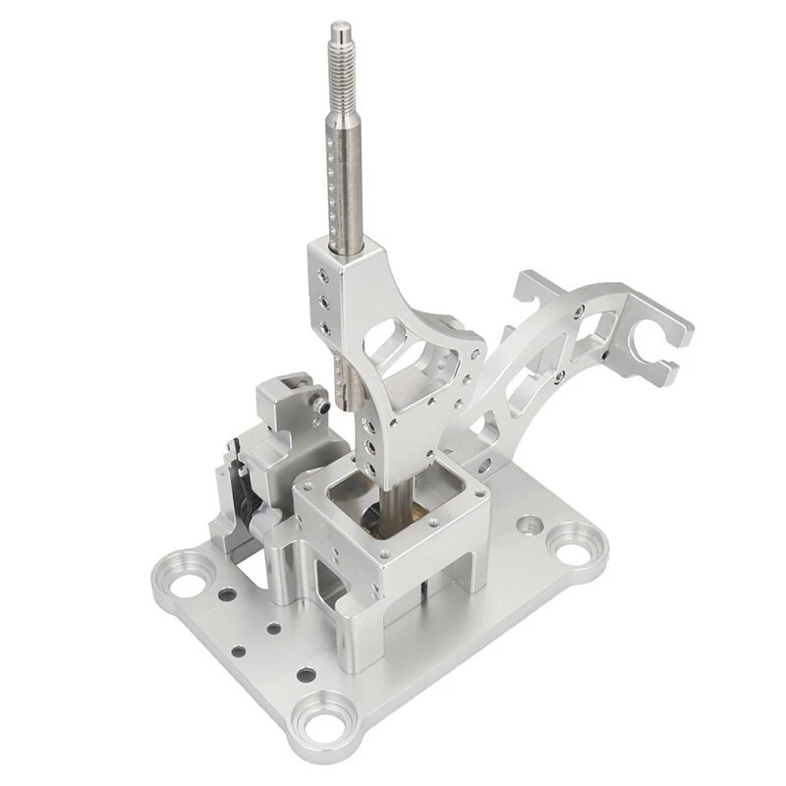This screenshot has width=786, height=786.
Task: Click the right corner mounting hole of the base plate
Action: [569, 541]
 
